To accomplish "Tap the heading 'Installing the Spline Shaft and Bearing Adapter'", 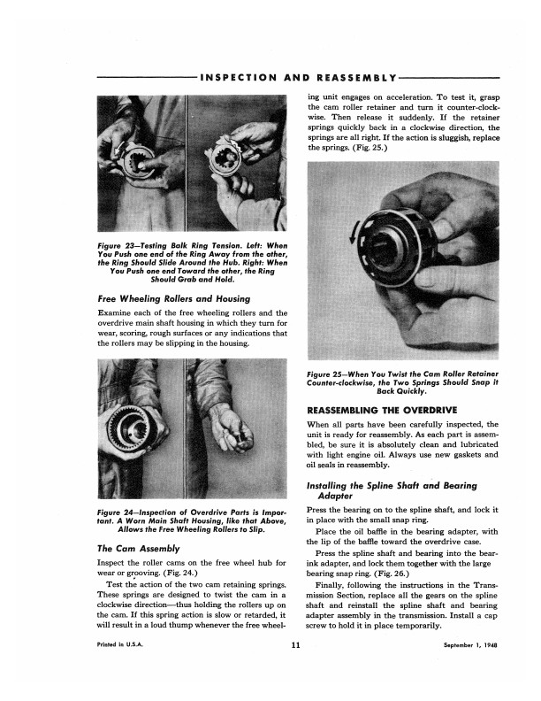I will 392,490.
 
